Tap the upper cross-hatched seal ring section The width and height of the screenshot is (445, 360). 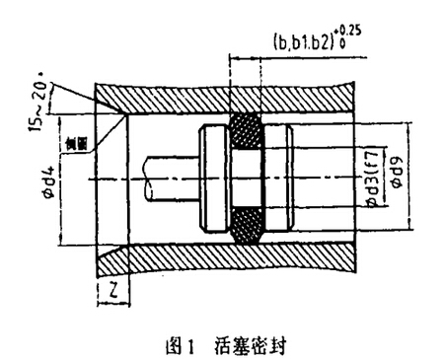(x=246, y=133)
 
